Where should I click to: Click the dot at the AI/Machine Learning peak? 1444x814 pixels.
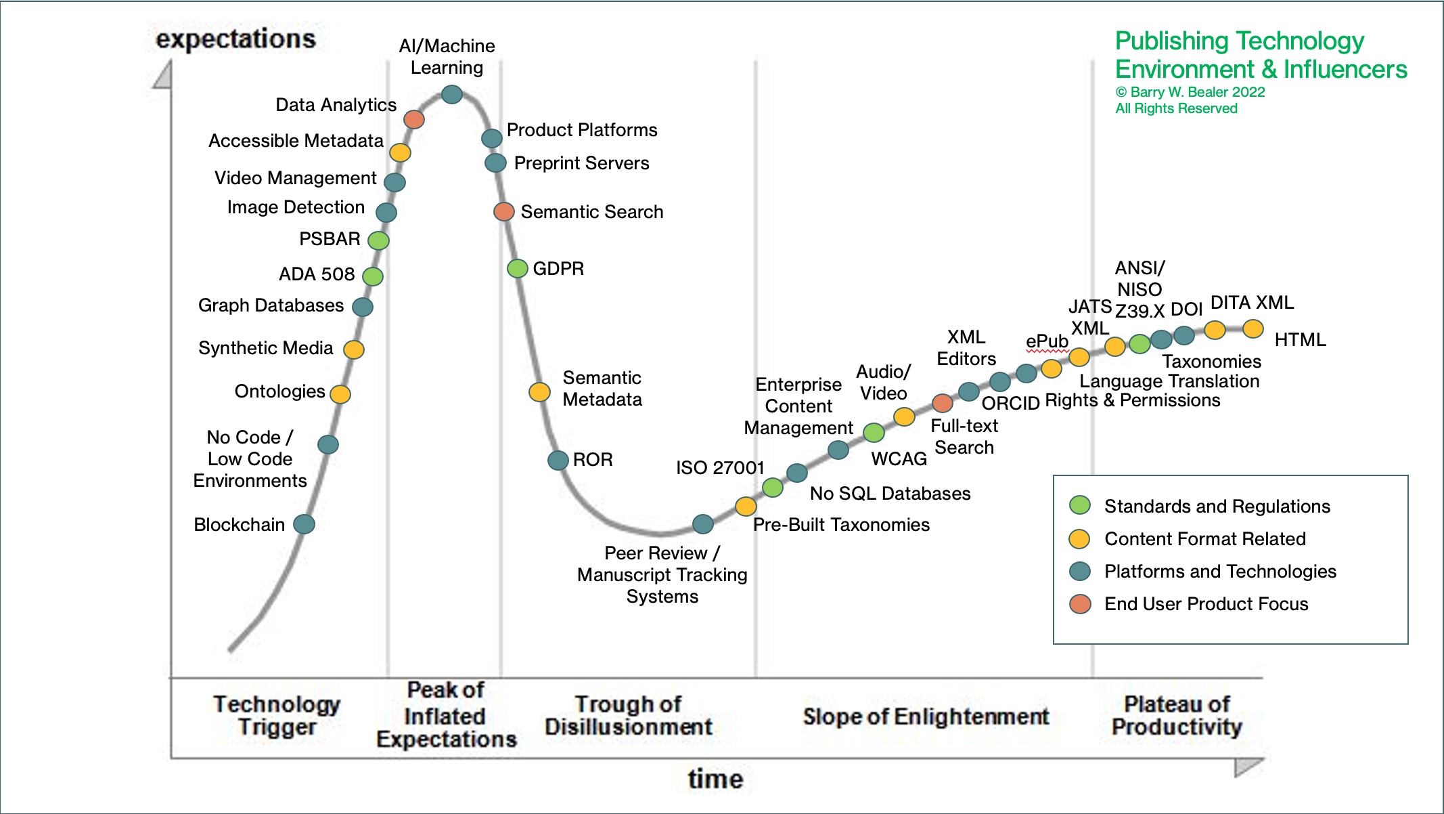(452, 94)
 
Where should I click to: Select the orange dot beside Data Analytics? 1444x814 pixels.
(414, 120)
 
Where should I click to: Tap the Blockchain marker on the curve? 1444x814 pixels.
(304, 524)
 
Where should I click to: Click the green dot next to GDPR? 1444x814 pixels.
(518, 269)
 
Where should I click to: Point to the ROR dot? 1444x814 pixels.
(558, 460)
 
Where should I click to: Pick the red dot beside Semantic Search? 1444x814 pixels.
(503, 212)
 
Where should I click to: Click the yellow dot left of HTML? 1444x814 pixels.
(1253, 329)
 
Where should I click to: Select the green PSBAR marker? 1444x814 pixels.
(378, 240)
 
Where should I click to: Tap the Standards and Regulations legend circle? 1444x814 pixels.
(1080, 505)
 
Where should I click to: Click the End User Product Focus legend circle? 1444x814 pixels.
(1080, 603)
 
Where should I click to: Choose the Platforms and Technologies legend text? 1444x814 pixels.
(1220, 572)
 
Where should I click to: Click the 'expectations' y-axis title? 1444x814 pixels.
(235, 39)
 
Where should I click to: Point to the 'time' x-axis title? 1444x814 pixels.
(715, 779)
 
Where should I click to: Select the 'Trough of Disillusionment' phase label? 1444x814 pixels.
(628, 715)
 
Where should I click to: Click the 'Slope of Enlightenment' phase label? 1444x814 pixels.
(926, 716)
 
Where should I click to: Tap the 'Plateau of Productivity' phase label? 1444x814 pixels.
(1177, 715)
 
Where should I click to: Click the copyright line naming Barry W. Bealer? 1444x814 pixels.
(1190, 92)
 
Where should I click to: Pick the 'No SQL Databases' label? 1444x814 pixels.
(890, 494)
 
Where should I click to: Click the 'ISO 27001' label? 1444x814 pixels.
(720, 468)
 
